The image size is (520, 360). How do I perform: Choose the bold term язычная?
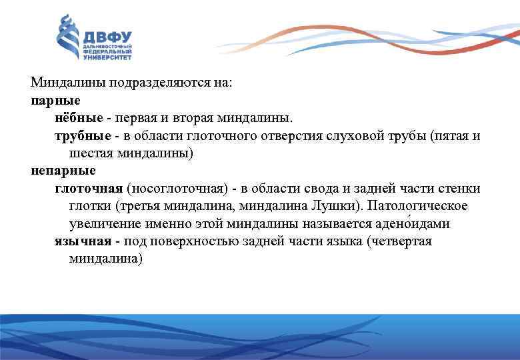click(80, 241)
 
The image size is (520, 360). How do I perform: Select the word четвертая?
click(401, 241)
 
